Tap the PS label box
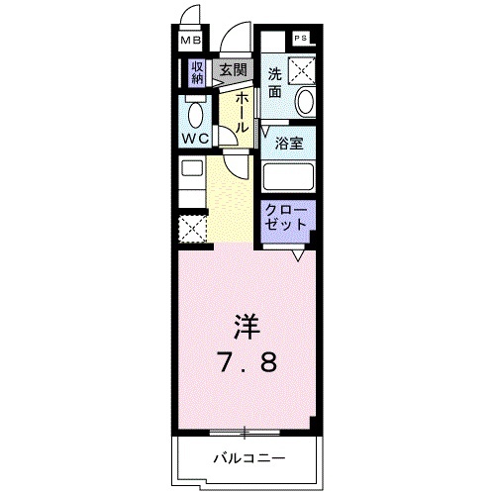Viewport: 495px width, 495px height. point(301,38)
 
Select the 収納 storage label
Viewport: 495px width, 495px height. point(196,72)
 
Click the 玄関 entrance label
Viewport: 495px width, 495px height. point(233,70)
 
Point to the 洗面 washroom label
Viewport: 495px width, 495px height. point(276,82)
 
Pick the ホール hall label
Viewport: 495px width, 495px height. point(241,109)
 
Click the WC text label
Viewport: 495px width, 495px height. point(194,139)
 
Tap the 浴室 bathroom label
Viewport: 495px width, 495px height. point(290,142)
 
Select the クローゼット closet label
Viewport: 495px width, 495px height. point(287,217)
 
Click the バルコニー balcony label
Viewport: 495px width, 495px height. point(247,458)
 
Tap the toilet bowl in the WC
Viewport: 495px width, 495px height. point(193,110)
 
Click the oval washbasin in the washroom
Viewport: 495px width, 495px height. point(304,100)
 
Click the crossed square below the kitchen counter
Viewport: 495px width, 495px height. point(191,229)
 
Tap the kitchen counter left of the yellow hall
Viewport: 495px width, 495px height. point(190,184)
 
